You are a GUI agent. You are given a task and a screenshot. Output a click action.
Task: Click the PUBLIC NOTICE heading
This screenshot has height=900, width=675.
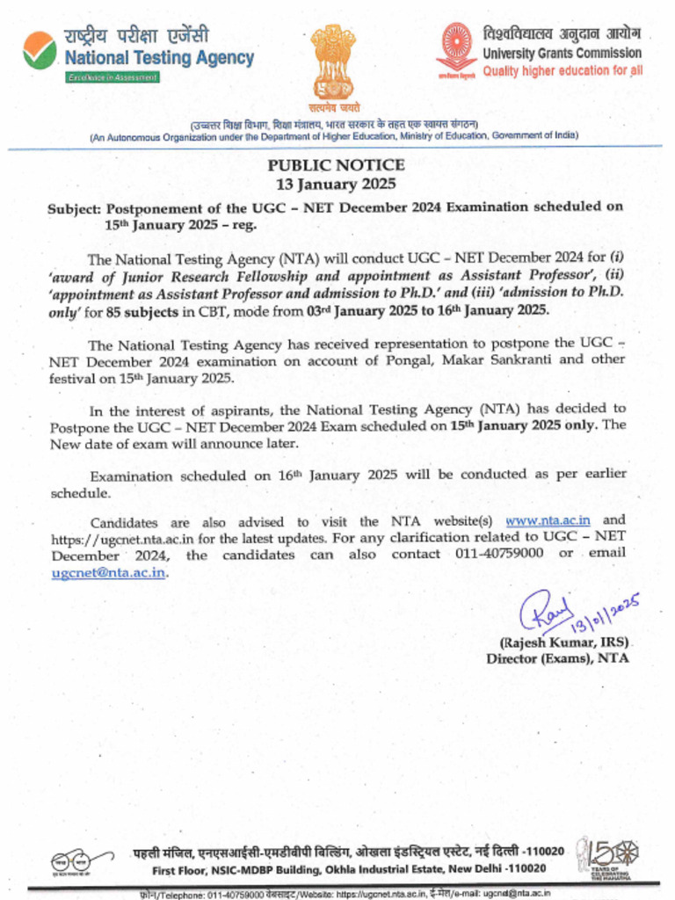pos(337,165)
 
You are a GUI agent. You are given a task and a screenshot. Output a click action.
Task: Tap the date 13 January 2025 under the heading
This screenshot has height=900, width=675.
pos(337,184)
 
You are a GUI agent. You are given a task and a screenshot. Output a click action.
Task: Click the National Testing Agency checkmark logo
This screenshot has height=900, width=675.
pos(40,49)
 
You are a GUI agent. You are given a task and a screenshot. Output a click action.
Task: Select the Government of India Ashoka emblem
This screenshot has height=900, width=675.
pos(333,60)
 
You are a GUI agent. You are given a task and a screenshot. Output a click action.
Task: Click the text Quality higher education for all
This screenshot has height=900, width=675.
pos(562,70)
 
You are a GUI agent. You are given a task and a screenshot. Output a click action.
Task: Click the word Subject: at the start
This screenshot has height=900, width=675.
pos(74,207)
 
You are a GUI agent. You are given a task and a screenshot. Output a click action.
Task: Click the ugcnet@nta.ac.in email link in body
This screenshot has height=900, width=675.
pos(108,572)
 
